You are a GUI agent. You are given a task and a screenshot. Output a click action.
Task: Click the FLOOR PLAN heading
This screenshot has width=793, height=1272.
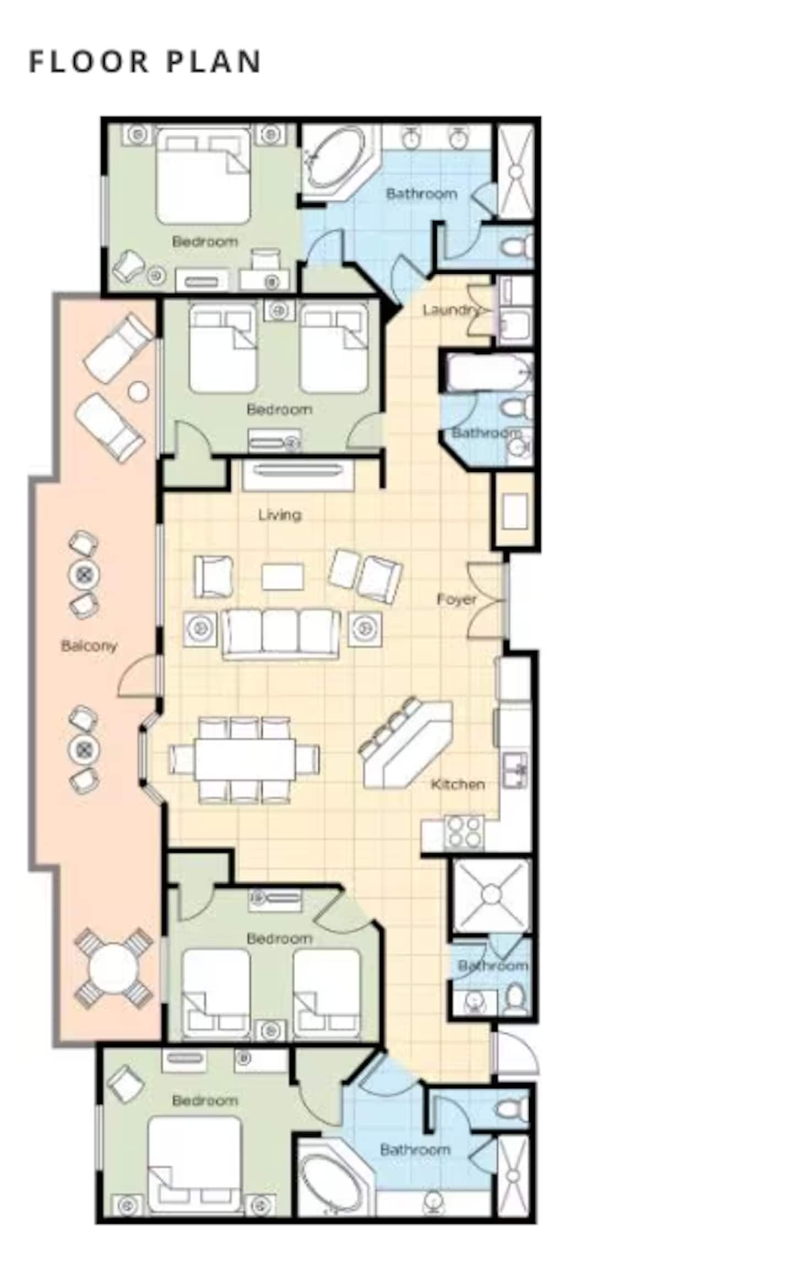click(145, 61)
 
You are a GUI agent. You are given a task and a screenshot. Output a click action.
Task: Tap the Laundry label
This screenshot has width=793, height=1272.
click(449, 310)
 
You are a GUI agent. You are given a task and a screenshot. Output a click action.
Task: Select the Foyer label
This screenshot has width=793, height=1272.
click(457, 599)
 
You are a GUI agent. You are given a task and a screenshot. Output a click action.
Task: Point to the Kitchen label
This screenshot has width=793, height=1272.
click(458, 784)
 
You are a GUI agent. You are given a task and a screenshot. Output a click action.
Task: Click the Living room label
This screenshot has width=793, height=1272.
click(280, 515)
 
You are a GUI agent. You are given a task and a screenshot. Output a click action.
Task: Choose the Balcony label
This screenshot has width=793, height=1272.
click(89, 645)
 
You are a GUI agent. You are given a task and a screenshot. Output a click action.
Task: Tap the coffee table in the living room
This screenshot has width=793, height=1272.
click(283, 577)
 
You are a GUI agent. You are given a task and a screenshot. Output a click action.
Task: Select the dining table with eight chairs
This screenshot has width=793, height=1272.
click(244, 759)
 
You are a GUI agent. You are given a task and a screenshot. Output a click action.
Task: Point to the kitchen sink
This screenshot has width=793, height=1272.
click(515, 770)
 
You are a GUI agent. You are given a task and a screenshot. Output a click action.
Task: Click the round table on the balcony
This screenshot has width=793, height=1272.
click(113, 969)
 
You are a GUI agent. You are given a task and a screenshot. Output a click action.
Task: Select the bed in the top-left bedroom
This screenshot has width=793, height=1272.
click(203, 176)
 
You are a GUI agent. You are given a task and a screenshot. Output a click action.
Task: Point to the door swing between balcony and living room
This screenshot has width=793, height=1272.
click(138, 677)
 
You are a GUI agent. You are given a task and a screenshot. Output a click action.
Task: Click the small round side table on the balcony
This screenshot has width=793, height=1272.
click(138, 392)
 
